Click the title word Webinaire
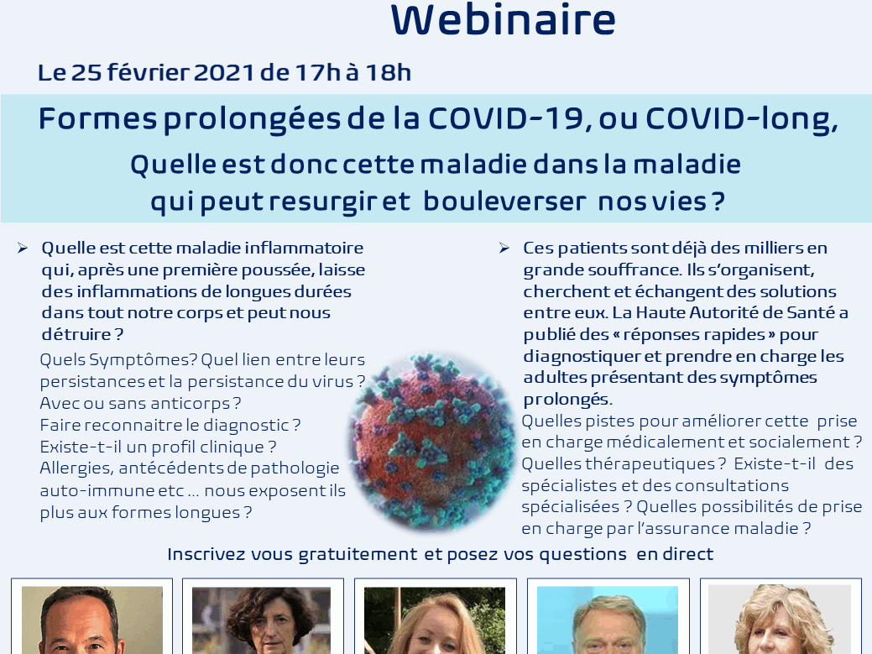coord(504,19)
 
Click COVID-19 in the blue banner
coord(505,118)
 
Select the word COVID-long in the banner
coord(739,119)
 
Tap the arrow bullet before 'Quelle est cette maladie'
coord(23,248)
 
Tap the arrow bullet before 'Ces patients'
coord(504,248)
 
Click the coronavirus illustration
coord(432,441)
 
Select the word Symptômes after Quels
coord(143,360)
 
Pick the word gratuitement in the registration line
coord(358,554)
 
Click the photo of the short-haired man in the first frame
coord(92,620)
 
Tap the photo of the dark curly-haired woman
coord(261,620)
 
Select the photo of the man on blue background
coord(608,620)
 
